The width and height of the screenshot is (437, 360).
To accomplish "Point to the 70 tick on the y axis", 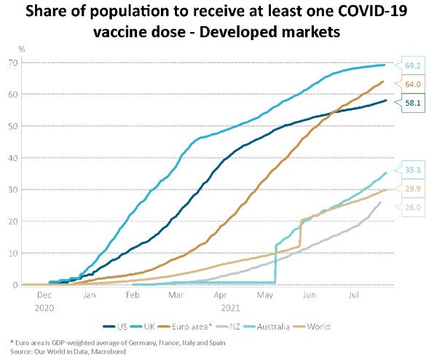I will [x=12, y=63].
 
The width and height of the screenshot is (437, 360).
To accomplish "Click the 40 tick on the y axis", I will [x=12, y=158].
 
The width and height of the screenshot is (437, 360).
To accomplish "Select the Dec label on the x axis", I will [x=44, y=297].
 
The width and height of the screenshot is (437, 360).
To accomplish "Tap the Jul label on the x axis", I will [x=353, y=297].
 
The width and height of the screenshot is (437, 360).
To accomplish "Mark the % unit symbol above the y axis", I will [x=22, y=49].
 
